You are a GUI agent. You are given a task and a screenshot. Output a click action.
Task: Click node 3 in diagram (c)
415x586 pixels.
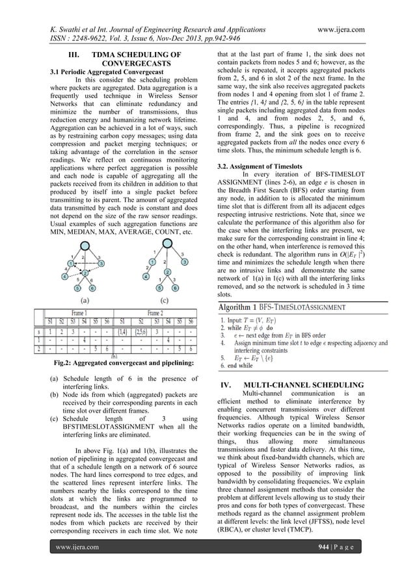tap(185, 262)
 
